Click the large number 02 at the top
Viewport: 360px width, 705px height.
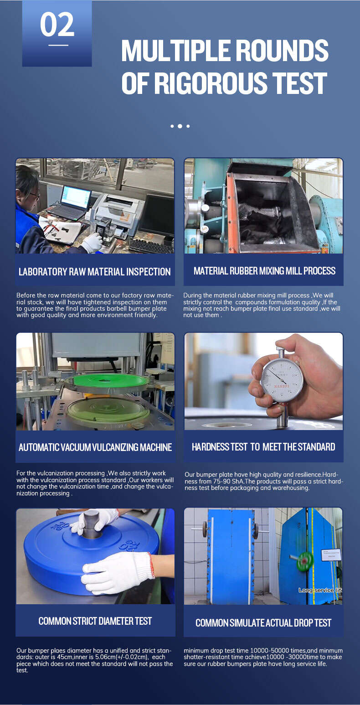click(57, 25)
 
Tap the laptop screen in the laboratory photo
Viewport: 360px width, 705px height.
click(76, 197)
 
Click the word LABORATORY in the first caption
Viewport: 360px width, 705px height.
click(43, 272)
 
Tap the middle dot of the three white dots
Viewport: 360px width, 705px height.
click(180, 126)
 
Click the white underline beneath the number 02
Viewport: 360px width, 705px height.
click(58, 45)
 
